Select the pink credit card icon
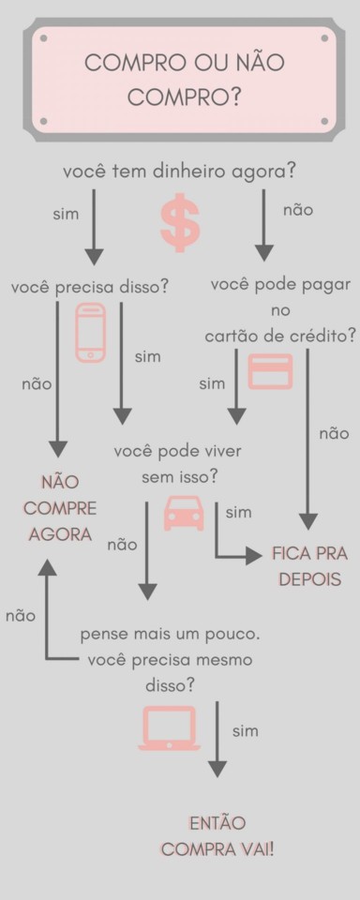[x=270, y=371]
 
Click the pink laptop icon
[x=169, y=728]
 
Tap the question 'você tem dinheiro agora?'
[x=180, y=172]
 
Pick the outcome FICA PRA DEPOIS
[x=309, y=566]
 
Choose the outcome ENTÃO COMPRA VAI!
[x=217, y=836]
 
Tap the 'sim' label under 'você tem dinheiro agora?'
[x=66, y=214]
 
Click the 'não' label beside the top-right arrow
[x=298, y=210]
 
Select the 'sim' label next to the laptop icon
[x=245, y=730]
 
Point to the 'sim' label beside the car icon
[x=239, y=512]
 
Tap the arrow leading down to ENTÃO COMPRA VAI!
[x=217, y=741]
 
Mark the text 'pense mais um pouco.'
[x=170, y=635]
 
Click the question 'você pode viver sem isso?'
[x=178, y=464]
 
